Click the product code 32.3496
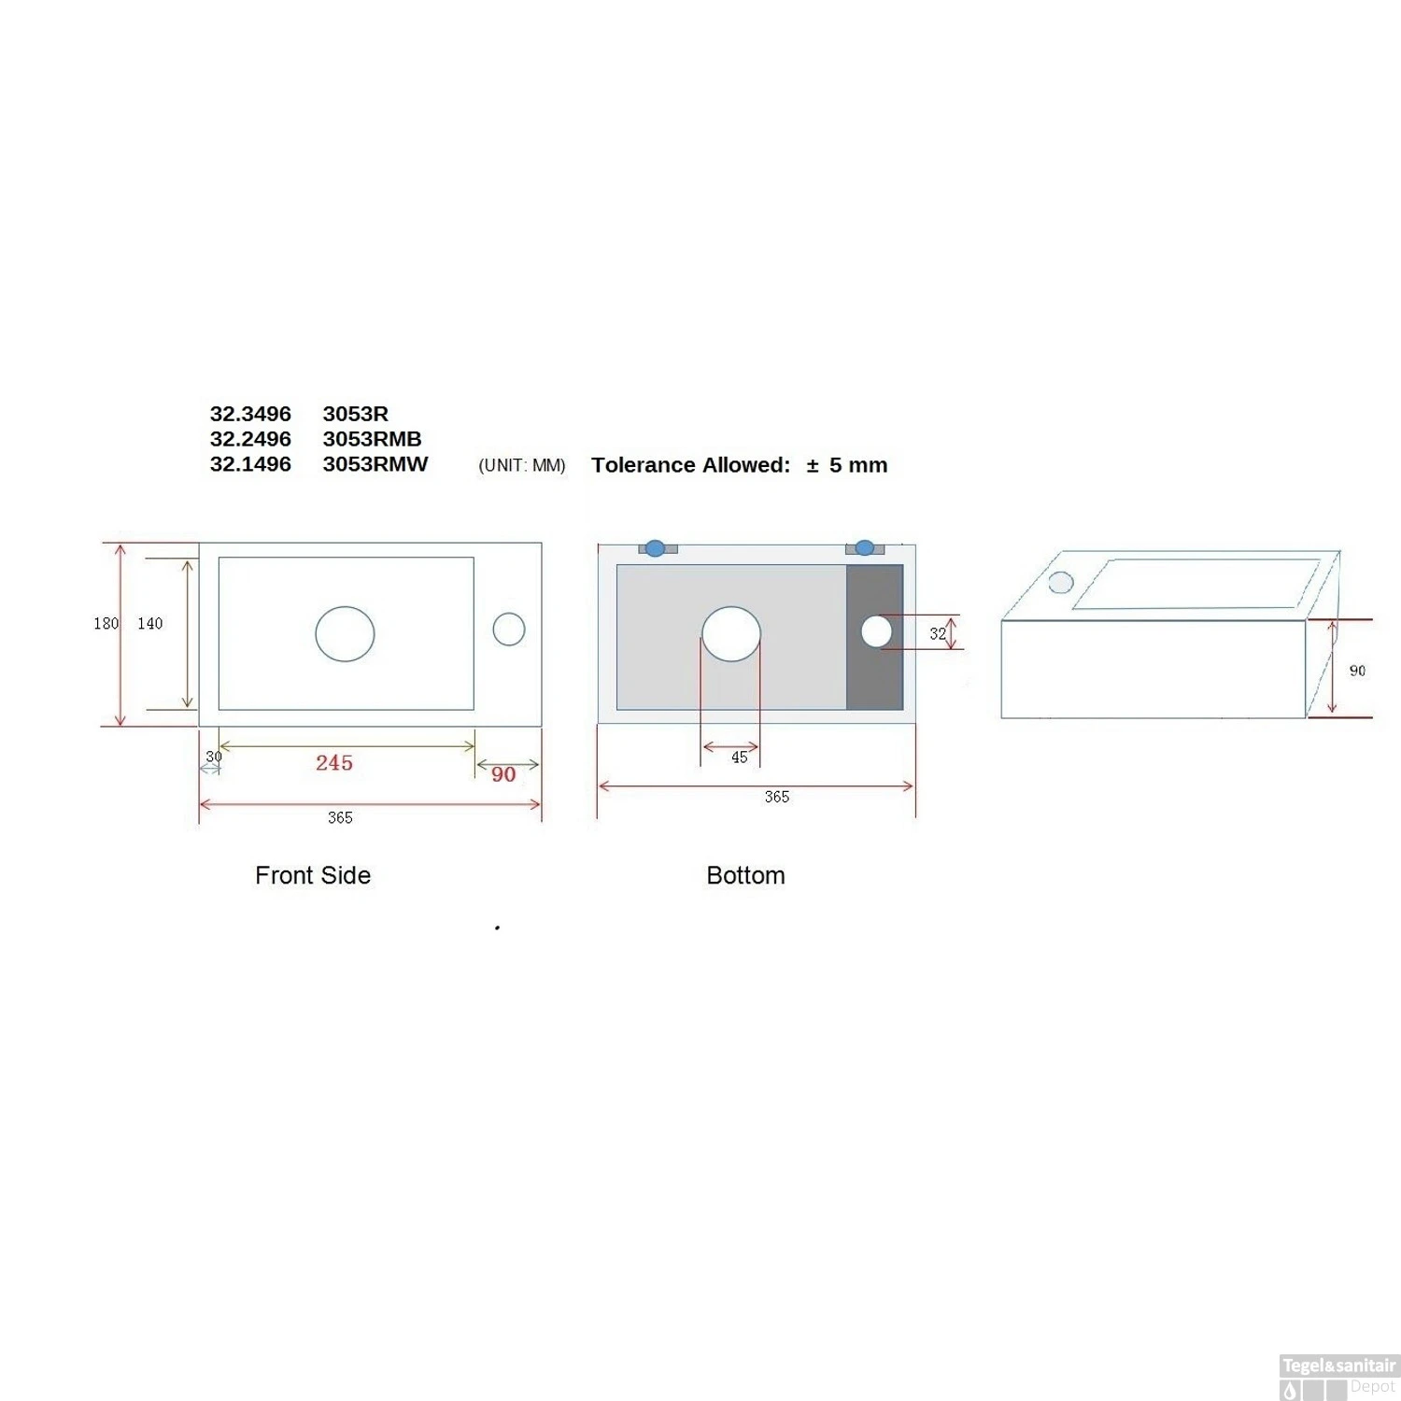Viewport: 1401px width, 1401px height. click(250, 414)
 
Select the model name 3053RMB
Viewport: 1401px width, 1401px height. click(372, 439)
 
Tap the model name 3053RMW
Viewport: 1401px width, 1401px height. click(375, 464)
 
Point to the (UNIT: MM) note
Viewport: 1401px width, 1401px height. click(521, 465)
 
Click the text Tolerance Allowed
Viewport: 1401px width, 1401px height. click(690, 465)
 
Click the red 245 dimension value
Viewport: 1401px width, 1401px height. click(334, 763)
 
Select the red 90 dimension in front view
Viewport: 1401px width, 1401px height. click(503, 774)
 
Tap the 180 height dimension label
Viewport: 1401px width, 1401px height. click(106, 623)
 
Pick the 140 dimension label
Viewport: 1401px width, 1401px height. click(150, 623)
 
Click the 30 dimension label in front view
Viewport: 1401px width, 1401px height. click(214, 757)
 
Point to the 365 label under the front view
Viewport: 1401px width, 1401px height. click(340, 817)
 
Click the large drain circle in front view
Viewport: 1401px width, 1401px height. click(345, 634)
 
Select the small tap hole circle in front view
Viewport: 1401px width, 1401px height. click(509, 629)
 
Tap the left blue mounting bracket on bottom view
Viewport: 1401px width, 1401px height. click(656, 548)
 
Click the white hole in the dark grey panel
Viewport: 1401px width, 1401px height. click(876, 631)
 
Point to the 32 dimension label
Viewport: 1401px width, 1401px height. click(938, 633)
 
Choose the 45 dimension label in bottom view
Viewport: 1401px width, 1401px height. click(739, 757)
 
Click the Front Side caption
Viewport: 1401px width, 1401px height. click(313, 875)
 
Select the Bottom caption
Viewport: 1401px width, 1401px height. click(745, 875)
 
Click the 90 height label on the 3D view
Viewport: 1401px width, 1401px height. click(1357, 671)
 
